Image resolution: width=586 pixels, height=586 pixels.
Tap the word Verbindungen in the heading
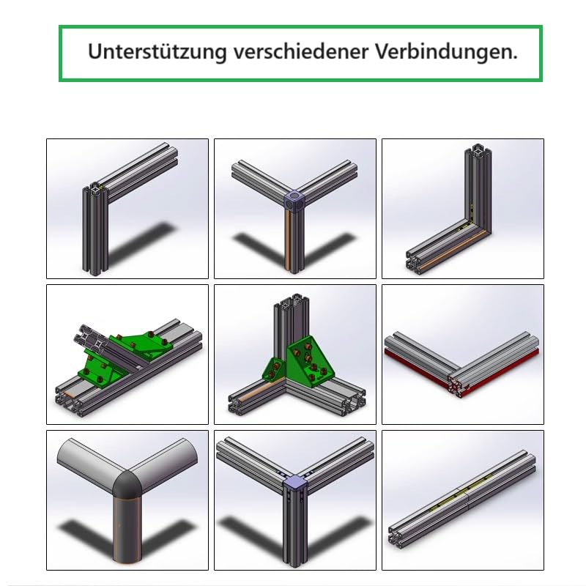tap(446, 52)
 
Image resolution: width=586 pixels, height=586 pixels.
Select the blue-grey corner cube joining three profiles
tap(294, 200)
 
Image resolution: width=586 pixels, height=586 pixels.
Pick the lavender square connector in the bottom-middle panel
tap(294, 483)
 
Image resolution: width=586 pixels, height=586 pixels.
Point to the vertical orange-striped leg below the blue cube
tap(294, 242)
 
